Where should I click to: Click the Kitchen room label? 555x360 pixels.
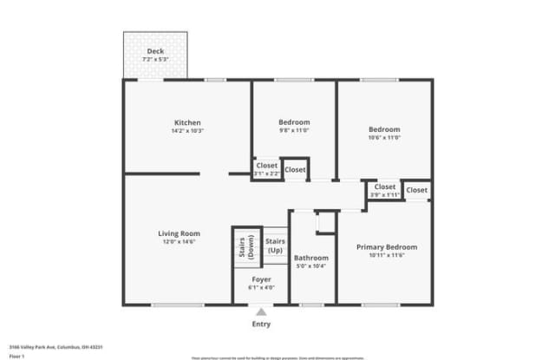[x=188, y=122]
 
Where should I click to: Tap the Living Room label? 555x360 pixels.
[x=179, y=233]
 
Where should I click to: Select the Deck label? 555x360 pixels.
[x=155, y=51]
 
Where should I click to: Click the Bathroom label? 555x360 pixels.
[x=310, y=258]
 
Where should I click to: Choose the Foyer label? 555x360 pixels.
[x=261, y=279]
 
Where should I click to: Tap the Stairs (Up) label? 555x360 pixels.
[x=275, y=245]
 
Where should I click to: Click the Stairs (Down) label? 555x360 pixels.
[x=246, y=247]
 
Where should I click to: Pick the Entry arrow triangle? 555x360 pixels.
[x=261, y=311]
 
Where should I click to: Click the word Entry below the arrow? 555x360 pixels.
[x=261, y=324]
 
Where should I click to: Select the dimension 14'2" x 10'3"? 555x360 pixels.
[x=188, y=131]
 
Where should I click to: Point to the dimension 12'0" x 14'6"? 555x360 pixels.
[x=179, y=242]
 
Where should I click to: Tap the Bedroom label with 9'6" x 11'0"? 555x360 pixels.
[x=294, y=122]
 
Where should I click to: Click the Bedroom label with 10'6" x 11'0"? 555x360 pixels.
[x=384, y=129]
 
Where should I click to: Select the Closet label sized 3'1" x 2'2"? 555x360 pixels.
[x=266, y=165]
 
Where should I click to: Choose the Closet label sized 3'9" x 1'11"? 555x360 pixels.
[x=384, y=187]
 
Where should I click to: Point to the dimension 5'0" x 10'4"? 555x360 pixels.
[x=310, y=266]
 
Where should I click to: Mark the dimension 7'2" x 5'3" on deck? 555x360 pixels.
[x=155, y=59]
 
